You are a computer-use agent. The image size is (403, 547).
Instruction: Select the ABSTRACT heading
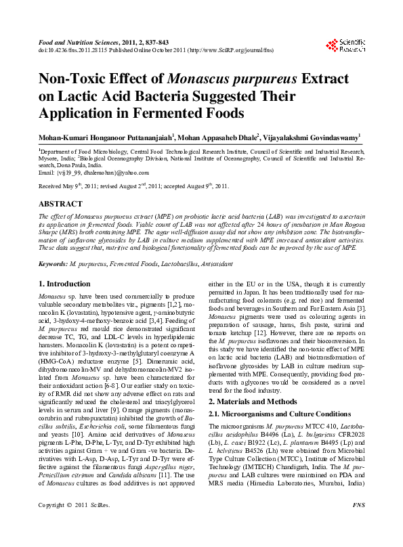(62, 203)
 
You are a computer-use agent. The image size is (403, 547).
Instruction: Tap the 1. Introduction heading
(64, 284)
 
